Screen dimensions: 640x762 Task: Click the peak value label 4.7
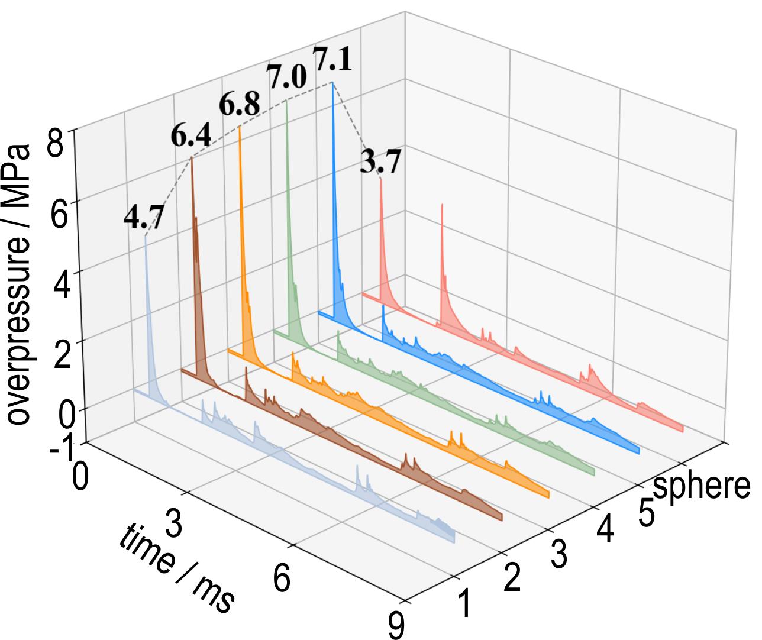click(x=143, y=217)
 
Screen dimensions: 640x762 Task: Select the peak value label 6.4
click(x=191, y=137)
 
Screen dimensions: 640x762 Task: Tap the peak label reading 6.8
click(x=239, y=105)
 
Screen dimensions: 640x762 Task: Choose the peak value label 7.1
click(x=332, y=60)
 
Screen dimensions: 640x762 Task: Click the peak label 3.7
click(x=381, y=161)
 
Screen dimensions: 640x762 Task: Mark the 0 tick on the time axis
click(x=80, y=477)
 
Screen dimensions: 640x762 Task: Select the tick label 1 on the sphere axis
click(x=464, y=604)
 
